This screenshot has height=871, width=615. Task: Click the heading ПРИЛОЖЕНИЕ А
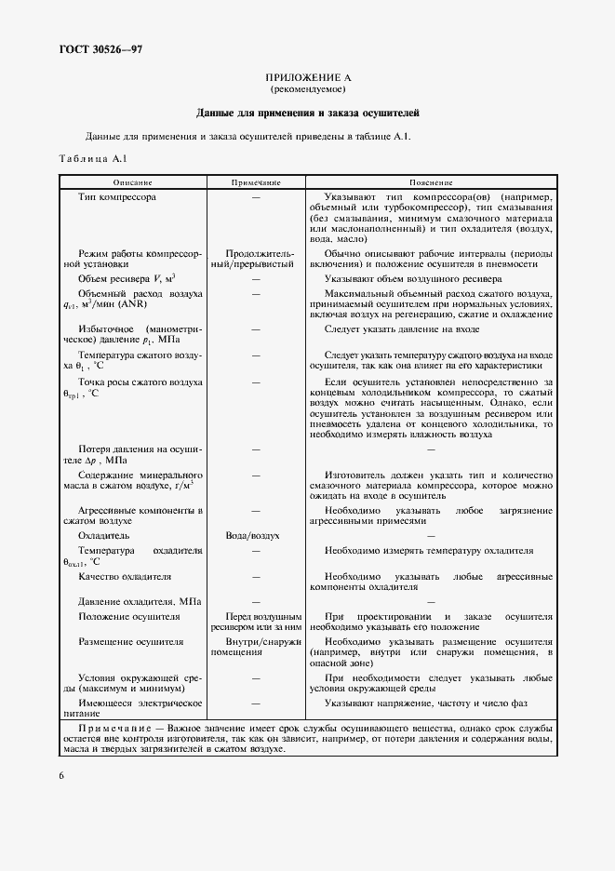(307, 76)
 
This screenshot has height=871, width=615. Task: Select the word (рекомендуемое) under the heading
(307, 89)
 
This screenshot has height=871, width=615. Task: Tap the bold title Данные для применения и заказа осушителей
(307, 114)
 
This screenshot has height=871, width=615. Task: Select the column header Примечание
(256, 182)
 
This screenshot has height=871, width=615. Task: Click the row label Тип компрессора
(117, 197)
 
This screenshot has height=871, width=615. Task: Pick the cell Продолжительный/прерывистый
(256, 259)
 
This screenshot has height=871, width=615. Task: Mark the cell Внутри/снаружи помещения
(256, 647)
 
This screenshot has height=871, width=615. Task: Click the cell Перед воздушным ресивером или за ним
(256, 623)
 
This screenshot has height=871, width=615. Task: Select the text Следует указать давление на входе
(402, 328)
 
